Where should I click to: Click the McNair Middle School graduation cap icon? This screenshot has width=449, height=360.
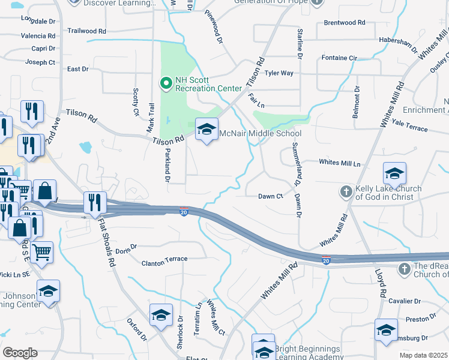pyautogui.click(x=206, y=130)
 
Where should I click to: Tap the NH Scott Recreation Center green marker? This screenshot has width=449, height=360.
pyautogui.click(x=165, y=83)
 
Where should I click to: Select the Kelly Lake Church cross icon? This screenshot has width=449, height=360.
pyautogui.click(x=346, y=192)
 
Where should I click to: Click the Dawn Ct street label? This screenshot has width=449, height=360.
pyautogui.click(x=270, y=196)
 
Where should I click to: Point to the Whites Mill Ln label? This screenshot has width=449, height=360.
pyautogui.click(x=340, y=163)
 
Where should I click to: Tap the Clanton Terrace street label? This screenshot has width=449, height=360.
pyautogui.click(x=164, y=259)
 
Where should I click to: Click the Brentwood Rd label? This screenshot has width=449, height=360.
pyautogui.click(x=344, y=23)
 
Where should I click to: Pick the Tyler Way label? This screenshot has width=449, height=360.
pyautogui.click(x=279, y=73)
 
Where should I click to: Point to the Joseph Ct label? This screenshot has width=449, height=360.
pyautogui.click(x=40, y=62)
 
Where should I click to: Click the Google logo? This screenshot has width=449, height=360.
pyautogui.click(x=19, y=353)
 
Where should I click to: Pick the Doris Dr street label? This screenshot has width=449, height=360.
pyautogui.click(x=126, y=248)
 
